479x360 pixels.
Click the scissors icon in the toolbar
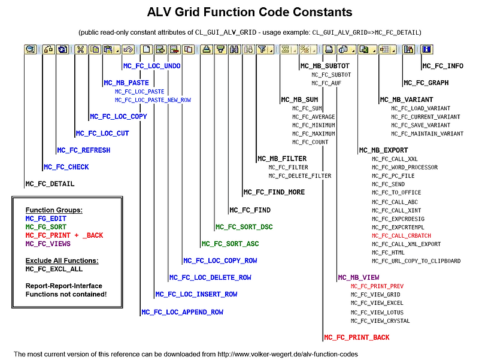coord(81,49)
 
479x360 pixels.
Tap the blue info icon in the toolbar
coord(426,49)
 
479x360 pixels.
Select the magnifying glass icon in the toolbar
coord(31,49)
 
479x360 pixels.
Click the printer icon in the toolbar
coord(329,49)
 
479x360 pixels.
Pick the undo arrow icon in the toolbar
coord(128,49)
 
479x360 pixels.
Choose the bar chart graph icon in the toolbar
coord(408,49)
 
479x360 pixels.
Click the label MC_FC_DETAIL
coord(50,184)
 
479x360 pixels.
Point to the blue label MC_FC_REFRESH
coord(84,150)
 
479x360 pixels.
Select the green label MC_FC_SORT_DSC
coord(244,227)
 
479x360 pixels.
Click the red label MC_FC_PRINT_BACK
coord(356,337)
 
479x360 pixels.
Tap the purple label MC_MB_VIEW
coord(359,277)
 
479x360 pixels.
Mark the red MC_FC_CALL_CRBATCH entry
coord(401,235)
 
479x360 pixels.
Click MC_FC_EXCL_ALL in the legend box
coord(54,269)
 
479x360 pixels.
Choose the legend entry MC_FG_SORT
coord(46,227)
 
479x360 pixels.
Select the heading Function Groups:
coord(54,210)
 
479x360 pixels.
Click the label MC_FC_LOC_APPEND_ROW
coord(183,312)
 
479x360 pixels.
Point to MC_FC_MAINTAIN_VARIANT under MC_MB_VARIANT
coord(428,134)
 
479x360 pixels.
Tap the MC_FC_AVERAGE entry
coord(313,117)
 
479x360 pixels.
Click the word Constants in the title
coord(322,12)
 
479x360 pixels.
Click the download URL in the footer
coord(288,354)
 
